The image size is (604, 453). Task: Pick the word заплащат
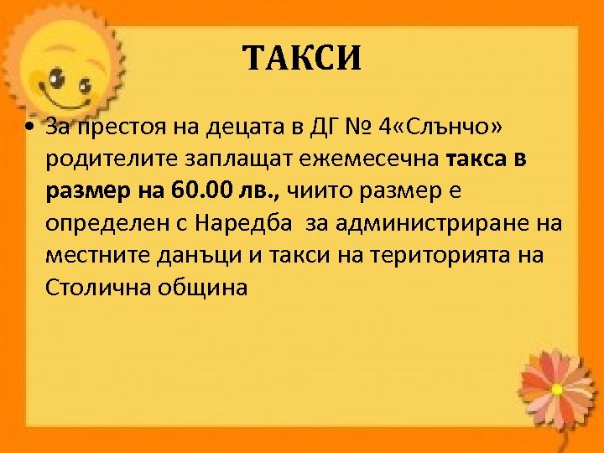point(227,159)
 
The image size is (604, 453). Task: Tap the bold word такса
point(475,159)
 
